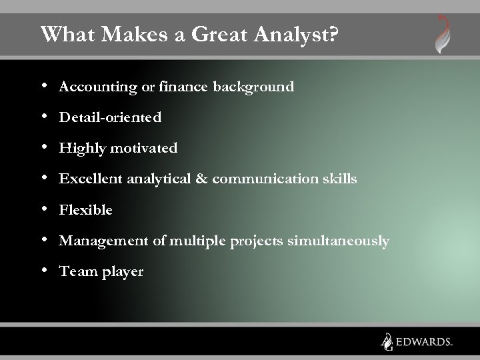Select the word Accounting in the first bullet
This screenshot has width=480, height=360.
coord(91,87)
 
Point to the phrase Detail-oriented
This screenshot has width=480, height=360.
coord(110,118)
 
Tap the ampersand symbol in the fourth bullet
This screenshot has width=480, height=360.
coord(202,179)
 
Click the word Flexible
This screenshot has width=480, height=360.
coord(85,210)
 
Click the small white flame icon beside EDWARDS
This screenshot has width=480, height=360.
coord(386,341)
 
